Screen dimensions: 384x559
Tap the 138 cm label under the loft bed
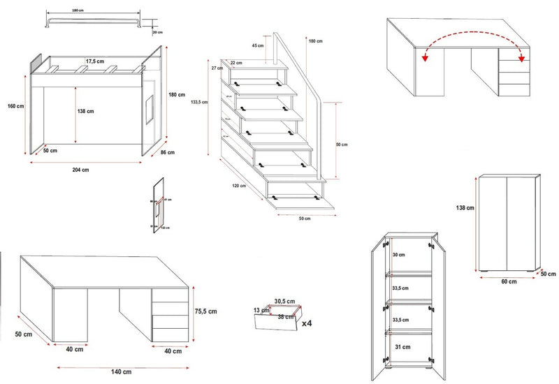85,111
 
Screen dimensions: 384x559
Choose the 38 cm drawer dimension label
284,316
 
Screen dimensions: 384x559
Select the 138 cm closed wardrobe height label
465,207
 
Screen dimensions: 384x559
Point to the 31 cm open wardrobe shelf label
403,346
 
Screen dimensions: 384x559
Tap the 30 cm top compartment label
399,255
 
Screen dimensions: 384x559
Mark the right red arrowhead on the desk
521,59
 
